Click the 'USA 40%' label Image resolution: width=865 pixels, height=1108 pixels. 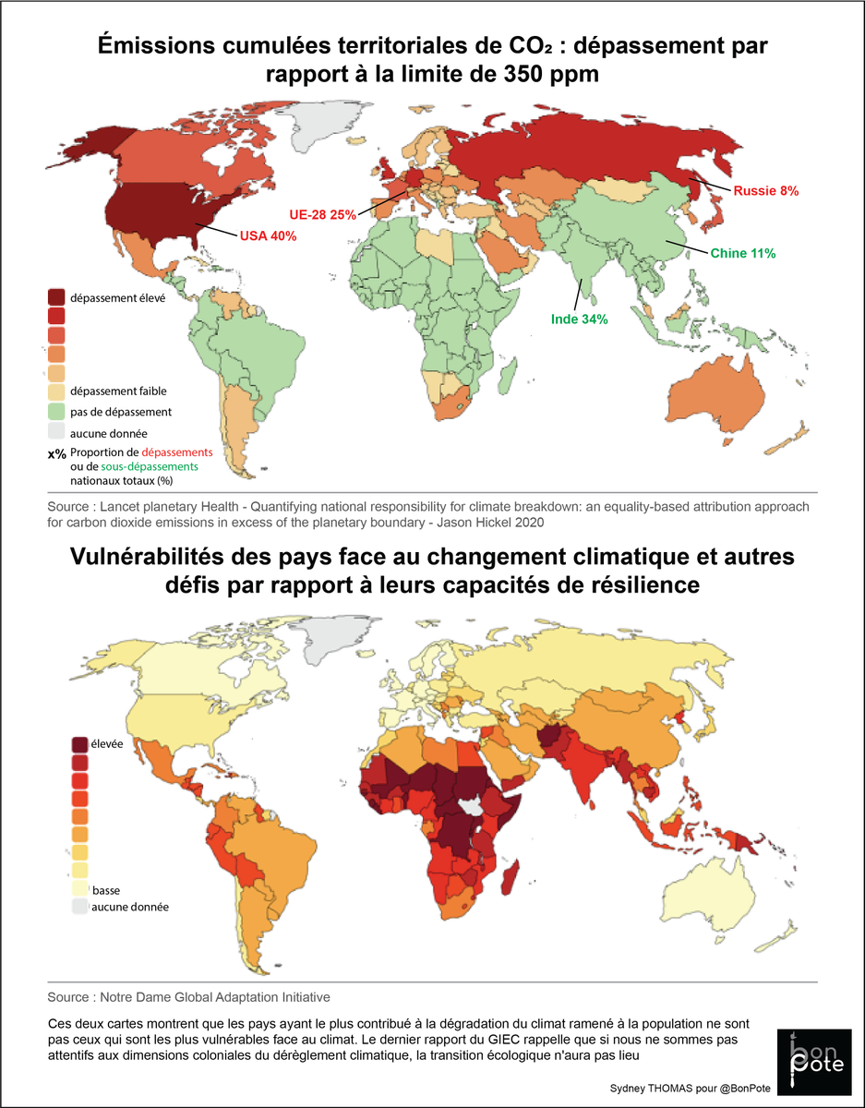point(268,236)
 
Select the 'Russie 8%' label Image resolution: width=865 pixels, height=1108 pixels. point(765,191)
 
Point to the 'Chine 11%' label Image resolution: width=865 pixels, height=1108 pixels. point(742,253)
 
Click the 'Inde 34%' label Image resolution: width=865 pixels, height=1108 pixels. point(579,319)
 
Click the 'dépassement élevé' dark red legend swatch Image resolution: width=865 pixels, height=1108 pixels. point(56,297)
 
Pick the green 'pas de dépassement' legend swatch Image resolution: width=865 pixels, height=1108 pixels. point(56,412)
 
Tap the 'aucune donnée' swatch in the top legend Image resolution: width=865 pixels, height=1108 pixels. point(56,432)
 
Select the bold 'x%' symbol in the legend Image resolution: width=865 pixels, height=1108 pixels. point(56,454)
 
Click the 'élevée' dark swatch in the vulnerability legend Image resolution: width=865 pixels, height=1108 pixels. point(81,744)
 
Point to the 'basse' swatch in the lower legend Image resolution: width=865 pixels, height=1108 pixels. point(81,889)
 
